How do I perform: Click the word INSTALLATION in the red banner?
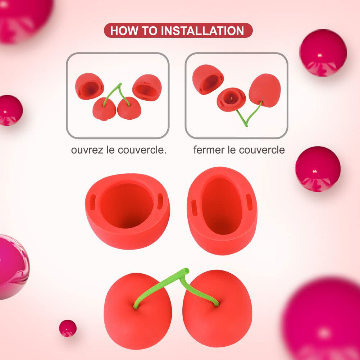coord(202,31)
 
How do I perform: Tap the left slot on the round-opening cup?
coord(92,199)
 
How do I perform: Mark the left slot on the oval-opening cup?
coord(194,208)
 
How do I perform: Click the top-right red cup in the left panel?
coord(147,87)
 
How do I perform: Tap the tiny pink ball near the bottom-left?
coord(68,328)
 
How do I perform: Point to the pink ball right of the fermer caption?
coord(318,169)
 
